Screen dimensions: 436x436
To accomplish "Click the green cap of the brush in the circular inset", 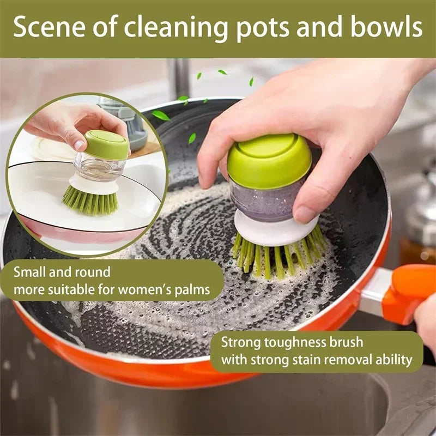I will click(x=107, y=144).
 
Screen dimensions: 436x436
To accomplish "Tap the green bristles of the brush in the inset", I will click(x=90, y=201).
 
